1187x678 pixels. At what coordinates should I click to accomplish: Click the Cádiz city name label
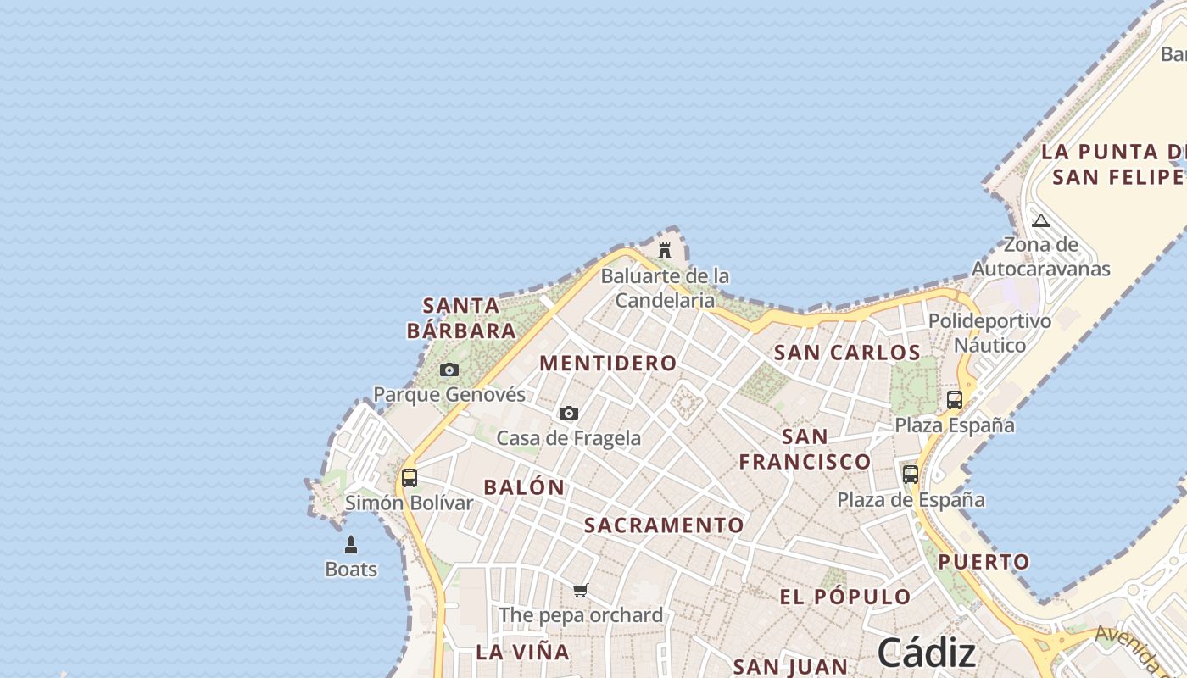927,653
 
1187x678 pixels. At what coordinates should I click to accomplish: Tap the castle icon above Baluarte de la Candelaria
665,251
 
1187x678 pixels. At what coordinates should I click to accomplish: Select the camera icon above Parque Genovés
449,370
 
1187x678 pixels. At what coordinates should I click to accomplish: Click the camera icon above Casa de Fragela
569,413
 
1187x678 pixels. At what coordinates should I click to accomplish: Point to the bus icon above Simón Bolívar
410,477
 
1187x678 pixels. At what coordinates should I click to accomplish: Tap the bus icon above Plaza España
955,399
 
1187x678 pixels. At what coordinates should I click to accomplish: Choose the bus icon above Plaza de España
911,475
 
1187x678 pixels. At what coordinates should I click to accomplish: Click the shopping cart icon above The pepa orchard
581,590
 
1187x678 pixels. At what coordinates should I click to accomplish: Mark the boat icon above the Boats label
351,545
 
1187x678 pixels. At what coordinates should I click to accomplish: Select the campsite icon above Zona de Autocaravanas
1041,221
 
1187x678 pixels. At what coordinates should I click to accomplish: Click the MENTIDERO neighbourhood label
609,364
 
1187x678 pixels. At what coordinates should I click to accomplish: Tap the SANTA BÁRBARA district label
461,318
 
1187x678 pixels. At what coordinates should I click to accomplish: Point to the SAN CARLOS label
847,353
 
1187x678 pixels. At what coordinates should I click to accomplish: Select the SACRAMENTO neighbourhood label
664,525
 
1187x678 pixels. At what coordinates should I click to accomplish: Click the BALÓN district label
524,487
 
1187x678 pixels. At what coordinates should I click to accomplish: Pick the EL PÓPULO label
845,597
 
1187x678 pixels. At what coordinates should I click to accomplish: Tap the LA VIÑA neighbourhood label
522,652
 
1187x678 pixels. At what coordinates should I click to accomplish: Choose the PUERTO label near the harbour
984,562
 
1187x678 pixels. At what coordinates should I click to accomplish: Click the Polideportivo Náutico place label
989,333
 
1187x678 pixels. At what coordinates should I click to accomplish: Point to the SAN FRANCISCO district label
805,449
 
